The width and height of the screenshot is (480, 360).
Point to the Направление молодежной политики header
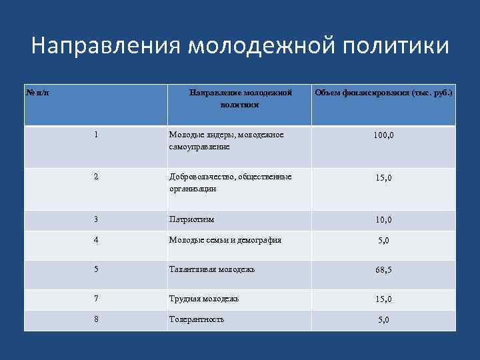coord(239,99)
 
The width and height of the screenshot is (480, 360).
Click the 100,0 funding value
coord(383,135)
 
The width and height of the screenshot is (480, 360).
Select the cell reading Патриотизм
coord(192,219)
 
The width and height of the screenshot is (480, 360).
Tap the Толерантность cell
coord(197,319)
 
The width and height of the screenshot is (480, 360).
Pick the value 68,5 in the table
coord(383,270)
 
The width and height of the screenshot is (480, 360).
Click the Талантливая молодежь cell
coord(212,269)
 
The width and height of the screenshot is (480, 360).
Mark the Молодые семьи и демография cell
coord(225,240)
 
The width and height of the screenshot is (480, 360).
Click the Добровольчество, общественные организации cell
coord(230,183)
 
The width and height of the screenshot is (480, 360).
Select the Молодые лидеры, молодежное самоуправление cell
coord(226,140)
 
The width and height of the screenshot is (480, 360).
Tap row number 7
coord(97,299)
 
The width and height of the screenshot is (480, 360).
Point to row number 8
coord(97,319)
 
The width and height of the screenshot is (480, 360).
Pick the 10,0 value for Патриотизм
coord(383,219)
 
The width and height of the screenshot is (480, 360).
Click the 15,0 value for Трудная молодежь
coord(383,299)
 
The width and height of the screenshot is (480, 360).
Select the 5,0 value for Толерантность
coord(383,320)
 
